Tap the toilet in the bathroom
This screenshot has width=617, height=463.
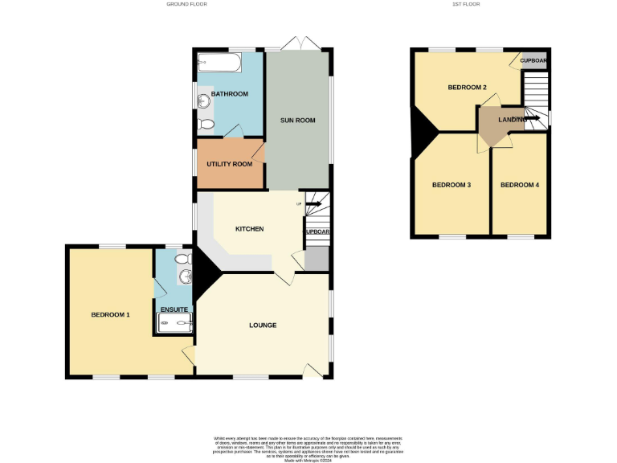[x=205, y=125]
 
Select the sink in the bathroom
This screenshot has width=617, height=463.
[x=202, y=101]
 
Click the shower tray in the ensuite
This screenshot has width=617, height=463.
[x=175, y=324]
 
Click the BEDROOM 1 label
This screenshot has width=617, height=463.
[x=110, y=315]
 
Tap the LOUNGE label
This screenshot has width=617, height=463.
[x=263, y=326]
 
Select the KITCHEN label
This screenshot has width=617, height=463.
[x=249, y=229]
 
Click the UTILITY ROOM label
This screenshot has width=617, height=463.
[x=230, y=164]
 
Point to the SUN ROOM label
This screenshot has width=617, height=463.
[x=297, y=121]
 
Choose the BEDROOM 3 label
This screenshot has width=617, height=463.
[x=451, y=185]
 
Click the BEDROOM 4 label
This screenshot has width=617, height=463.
[x=520, y=185]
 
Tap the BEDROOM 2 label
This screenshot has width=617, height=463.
[x=467, y=87]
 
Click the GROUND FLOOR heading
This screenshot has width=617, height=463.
[x=186, y=4]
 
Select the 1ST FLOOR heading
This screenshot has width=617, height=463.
[x=467, y=4]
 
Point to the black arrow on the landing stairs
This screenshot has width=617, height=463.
[x=532, y=119]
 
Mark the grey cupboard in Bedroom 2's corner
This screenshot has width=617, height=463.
[x=533, y=60]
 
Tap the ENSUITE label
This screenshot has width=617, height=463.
[x=174, y=309]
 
